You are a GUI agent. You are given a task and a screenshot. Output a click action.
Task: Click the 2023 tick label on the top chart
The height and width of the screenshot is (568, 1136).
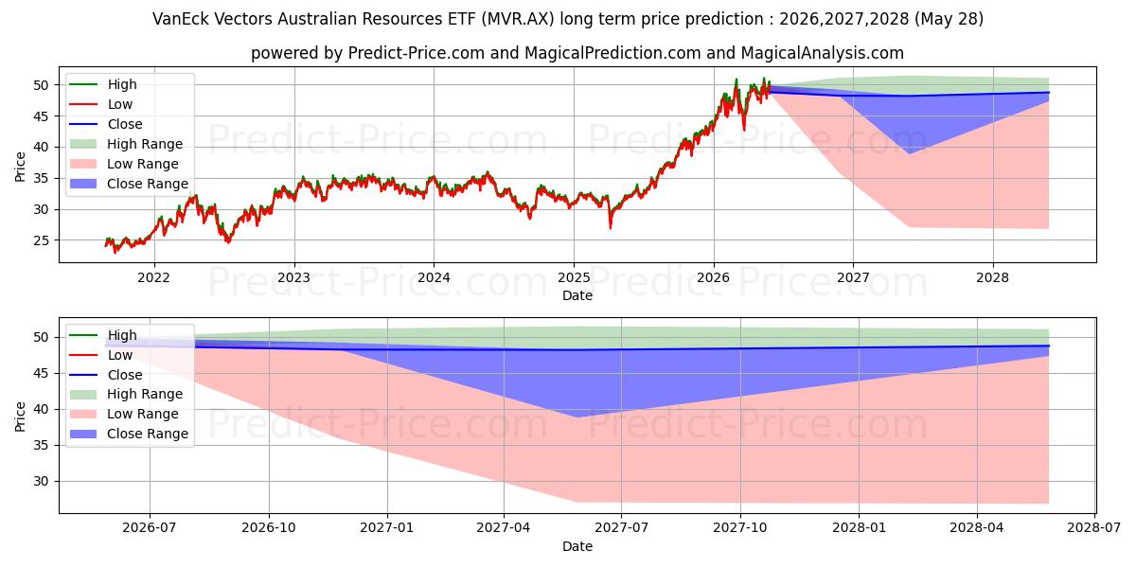tap(293, 278)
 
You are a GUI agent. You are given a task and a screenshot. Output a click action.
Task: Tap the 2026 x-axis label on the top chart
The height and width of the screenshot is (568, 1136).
tap(713, 278)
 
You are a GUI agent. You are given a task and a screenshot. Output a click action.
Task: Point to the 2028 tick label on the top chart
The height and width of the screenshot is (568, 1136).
tap(992, 278)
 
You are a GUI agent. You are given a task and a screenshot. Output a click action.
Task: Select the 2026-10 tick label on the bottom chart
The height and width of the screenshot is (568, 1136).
tap(268, 528)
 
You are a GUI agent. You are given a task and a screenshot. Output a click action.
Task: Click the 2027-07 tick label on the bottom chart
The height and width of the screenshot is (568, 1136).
tap(621, 528)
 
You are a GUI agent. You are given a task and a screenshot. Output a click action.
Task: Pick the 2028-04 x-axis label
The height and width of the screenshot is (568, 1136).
tap(976, 528)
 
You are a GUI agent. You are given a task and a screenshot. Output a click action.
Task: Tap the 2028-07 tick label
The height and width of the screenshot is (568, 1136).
tap(1094, 528)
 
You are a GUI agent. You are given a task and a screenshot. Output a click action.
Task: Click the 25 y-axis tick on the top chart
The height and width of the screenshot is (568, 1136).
tap(41, 240)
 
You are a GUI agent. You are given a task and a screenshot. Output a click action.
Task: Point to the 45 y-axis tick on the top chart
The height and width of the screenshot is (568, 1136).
tap(41, 116)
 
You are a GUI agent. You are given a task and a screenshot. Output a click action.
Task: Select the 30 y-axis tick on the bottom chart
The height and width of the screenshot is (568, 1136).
tap(41, 481)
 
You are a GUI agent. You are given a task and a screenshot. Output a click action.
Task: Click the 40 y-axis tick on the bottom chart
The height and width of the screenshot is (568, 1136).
tap(41, 409)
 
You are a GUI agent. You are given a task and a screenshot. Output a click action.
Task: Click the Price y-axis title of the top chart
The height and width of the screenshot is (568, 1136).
tap(20, 167)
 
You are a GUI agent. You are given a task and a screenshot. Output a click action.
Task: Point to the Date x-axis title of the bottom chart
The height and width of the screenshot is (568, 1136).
tap(577, 546)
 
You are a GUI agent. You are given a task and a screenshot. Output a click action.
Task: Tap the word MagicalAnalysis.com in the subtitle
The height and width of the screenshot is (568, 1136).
tap(822, 53)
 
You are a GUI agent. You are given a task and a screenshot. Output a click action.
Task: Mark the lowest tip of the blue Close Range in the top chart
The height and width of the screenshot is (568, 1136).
tap(910, 153)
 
